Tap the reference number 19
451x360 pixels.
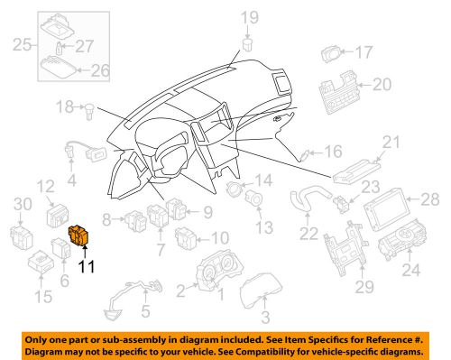click(x=248, y=16)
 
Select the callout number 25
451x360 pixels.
click(x=21, y=43)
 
